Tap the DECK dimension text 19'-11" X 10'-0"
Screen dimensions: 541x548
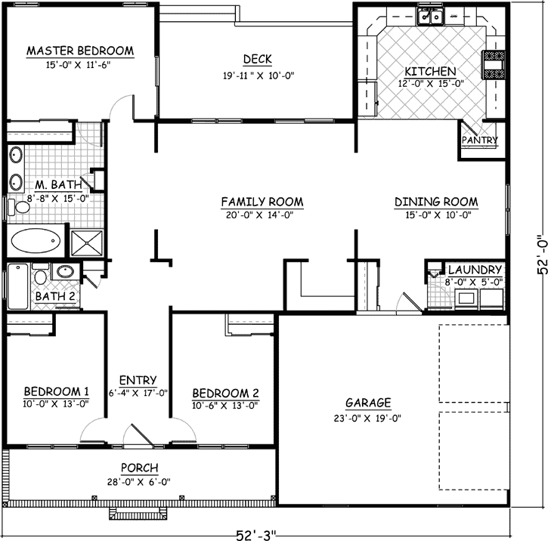click(258, 75)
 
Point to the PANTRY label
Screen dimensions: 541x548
click(479, 141)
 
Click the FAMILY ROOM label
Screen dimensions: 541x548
click(262, 202)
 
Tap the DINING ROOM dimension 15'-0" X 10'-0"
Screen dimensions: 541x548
click(436, 214)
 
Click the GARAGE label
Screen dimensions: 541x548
click(368, 402)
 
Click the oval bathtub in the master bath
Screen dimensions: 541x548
click(36, 241)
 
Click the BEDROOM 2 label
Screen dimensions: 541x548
click(225, 393)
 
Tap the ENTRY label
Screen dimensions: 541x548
click(138, 380)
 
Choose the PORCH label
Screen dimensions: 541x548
click(138, 468)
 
